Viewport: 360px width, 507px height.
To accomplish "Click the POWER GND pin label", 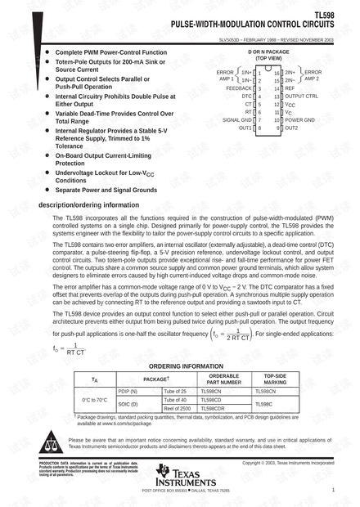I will [x=300, y=120].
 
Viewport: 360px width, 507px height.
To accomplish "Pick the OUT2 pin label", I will [x=291, y=128].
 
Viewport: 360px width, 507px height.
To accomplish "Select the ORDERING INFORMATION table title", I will [x=186, y=366].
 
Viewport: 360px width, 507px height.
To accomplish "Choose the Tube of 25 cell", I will [x=176, y=392].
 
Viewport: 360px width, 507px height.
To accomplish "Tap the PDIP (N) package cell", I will [x=128, y=392].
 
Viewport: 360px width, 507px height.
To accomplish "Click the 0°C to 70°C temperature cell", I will [x=95, y=400].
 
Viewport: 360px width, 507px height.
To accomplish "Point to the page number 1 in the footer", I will [x=335, y=490].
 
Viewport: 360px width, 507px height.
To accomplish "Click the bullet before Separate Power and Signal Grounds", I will [x=47, y=190].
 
